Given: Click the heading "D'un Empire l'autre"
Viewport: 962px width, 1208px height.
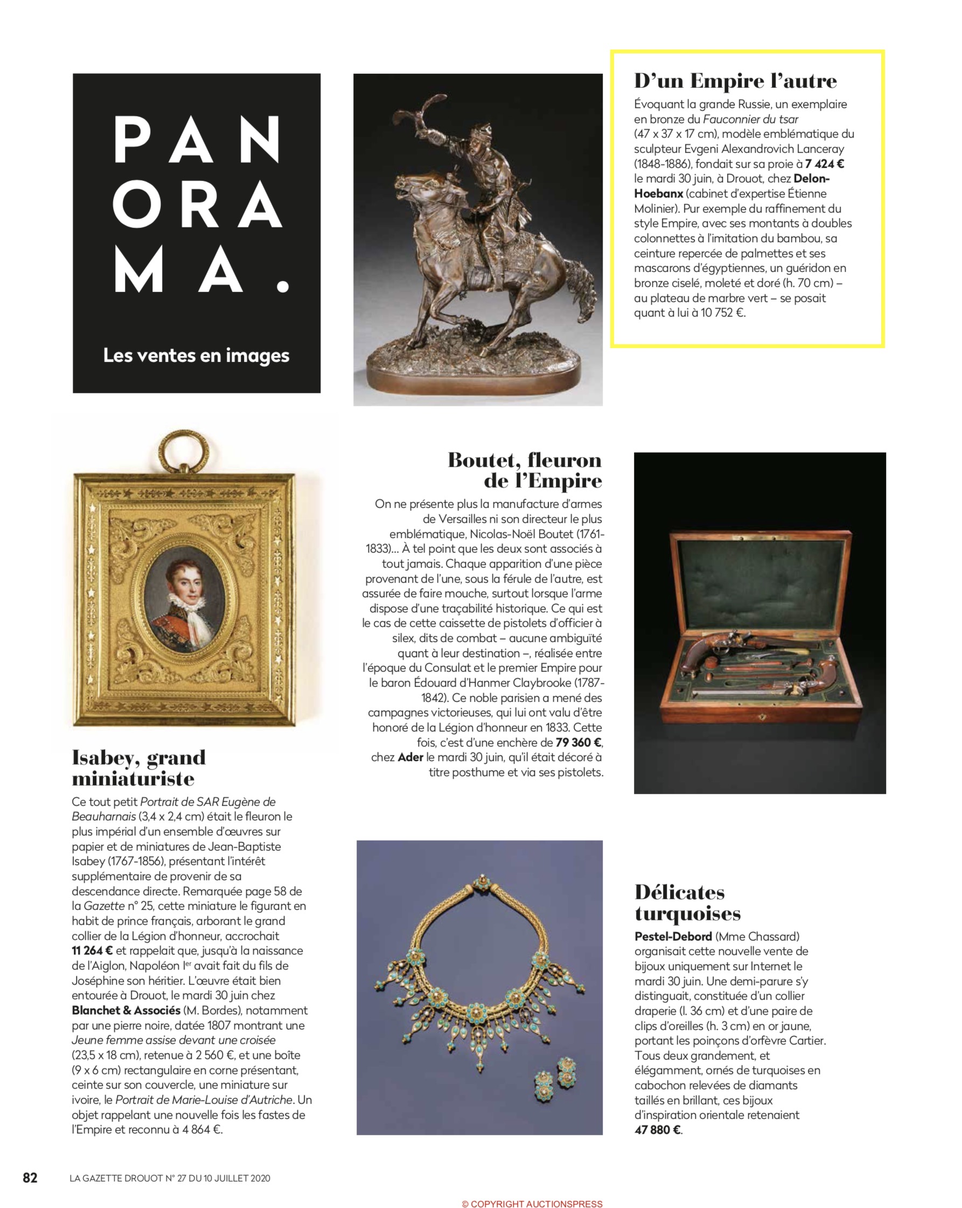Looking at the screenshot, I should pyautogui.click(x=735, y=81).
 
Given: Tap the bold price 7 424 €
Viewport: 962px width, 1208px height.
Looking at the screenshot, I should pyautogui.click(x=824, y=164).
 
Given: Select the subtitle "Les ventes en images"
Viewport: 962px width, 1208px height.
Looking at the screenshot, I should pyautogui.click(x=196, y=355).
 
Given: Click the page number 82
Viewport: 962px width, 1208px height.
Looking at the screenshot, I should pyautogui.click(x=30, y=1178).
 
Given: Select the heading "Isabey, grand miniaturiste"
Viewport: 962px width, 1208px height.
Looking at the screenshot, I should pyautogui.click(x=139, y=768).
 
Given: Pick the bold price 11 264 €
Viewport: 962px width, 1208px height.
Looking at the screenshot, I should pyautogui.click(x=93, y=951).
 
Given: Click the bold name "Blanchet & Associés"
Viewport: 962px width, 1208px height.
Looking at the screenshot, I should pyautogui.click(x=126, y=1011).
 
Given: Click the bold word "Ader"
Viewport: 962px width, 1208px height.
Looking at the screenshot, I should pyautogui.click(x=410, y=758).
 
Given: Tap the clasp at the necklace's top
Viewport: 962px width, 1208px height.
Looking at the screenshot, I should pyautogui.click(x=480, y=884).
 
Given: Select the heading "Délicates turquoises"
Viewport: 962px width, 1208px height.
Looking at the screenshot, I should pyautogui.click(x=687, y=902).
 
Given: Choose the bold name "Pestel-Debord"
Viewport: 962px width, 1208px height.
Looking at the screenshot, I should pyautogui.click(x=673, y=936).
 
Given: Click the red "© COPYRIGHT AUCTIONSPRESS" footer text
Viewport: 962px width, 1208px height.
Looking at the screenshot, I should pyautogui.click(x=532, y=1204).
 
